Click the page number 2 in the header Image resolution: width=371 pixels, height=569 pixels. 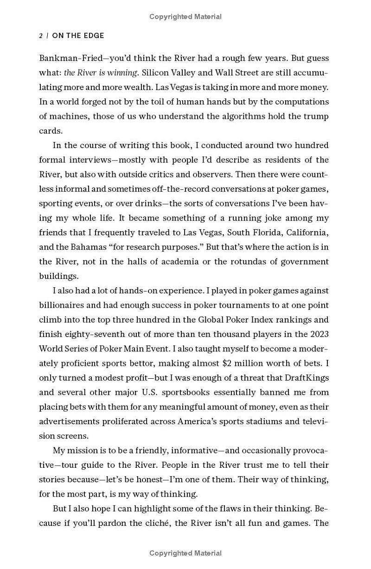41,36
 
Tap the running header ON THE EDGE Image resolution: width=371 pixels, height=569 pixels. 78,36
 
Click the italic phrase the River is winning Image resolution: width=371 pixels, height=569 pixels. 101,73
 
